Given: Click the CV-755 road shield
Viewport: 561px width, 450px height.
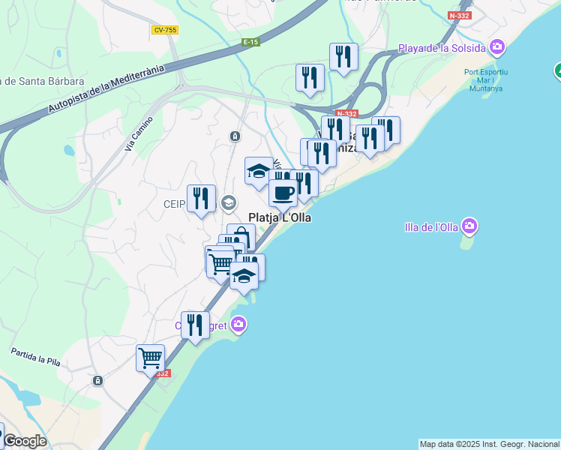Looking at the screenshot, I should click(163, 30).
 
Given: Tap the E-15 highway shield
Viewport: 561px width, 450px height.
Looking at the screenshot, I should click(250, 43).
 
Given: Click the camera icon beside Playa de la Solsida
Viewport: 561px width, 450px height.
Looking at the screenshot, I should click(496, 48).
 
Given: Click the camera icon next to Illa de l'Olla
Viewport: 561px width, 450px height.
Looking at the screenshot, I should click(469, 225).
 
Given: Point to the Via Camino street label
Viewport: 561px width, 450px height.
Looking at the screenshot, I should click(139, 134).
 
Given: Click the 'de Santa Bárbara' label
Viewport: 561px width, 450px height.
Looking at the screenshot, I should click(42, 81).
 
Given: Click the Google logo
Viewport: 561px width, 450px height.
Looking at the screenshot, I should click(25, 441).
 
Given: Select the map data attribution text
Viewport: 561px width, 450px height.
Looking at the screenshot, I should click(489, 444).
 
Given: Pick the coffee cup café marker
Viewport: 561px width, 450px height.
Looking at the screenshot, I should click(283, 193).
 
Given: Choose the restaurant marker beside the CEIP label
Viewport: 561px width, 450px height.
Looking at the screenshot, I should click(200, 199).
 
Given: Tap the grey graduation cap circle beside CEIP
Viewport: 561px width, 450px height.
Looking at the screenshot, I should click(229, 202).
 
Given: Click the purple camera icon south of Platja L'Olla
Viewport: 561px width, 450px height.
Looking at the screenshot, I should click(238, 325).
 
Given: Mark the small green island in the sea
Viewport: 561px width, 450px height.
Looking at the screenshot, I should click(468, 243).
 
